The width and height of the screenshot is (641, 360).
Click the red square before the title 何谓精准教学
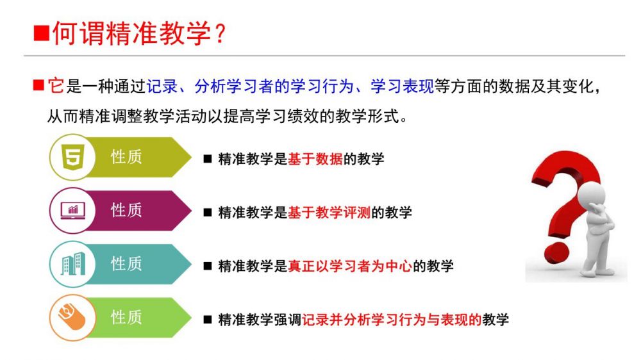coord(41,33)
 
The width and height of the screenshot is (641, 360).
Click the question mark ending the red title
coord(220,33)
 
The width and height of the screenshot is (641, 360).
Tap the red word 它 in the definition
coord(56,86)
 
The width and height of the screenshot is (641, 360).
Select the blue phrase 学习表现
coord(402,86)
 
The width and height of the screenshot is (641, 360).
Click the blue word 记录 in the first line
coord(162,86)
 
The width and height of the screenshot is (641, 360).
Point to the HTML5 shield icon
coord(73,158)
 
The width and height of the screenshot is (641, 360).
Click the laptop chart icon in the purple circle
coord(73,211)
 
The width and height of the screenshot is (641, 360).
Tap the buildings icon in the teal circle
coord(73,264)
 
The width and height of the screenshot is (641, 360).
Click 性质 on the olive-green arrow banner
coord(126,157)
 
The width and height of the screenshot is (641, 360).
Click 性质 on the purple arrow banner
coord(126,211)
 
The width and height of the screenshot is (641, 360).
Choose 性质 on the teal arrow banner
coord(126,264)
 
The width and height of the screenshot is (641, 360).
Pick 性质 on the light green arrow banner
coord(126,318)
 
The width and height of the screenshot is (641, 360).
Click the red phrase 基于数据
coord(315,159)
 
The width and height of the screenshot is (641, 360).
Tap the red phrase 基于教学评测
coord(329,213)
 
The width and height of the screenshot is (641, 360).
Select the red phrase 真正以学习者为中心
coord(350,266)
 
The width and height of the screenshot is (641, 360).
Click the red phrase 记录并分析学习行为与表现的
coord(392,320)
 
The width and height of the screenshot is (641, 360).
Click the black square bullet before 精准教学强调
coord(208,320)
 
